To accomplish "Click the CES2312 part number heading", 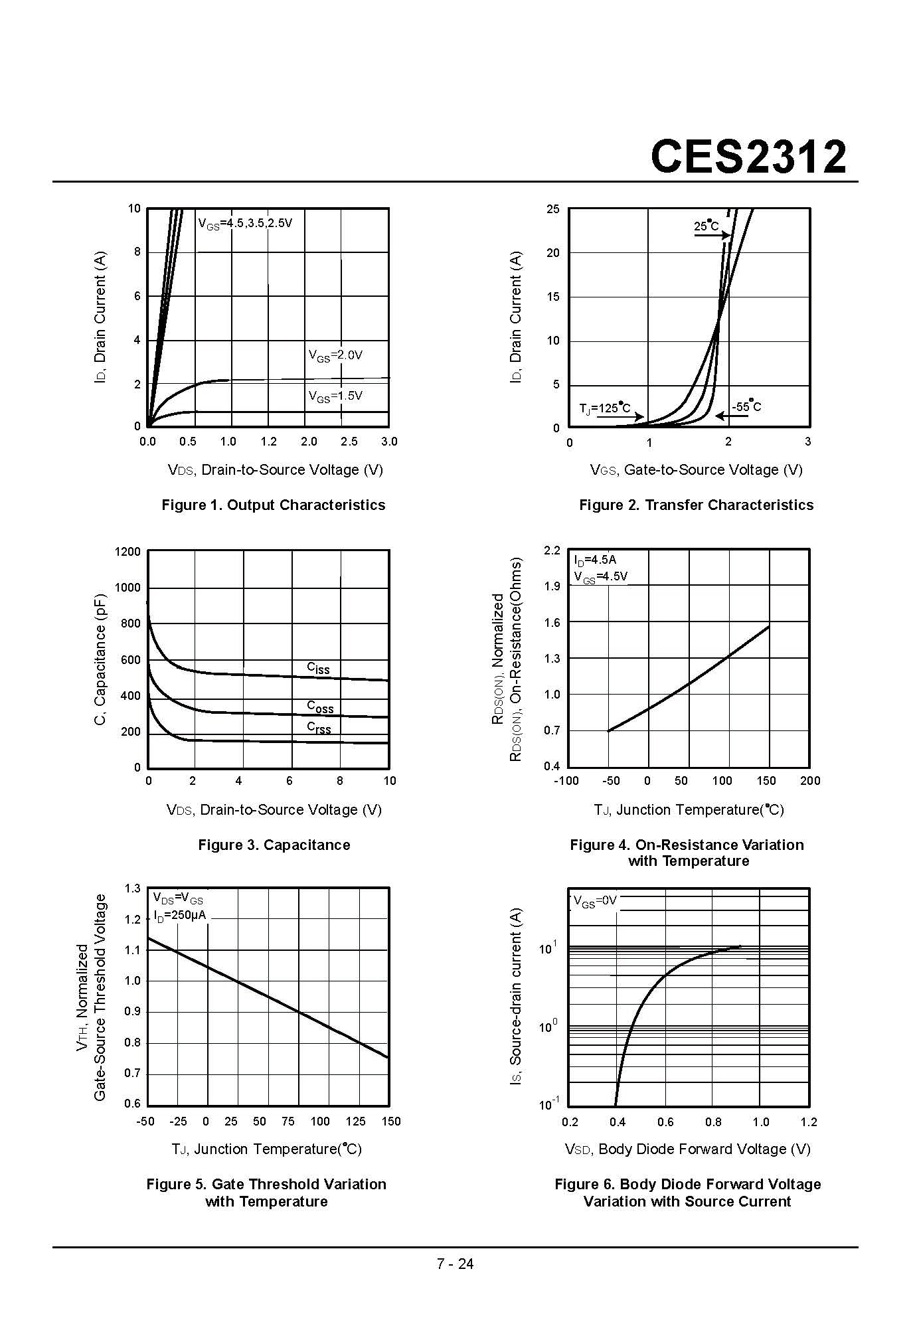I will [748, 157].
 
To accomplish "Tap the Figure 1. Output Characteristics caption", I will [273, 505].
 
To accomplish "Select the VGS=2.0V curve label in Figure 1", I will [335, 355].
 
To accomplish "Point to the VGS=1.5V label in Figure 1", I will [335, 396].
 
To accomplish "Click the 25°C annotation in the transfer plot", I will [707, 226].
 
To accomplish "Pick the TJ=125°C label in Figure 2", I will [604, 408].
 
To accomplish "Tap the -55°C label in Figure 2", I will [746, 406].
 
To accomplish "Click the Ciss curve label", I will [318, 668].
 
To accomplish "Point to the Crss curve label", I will [319, 728].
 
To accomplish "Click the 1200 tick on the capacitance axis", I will [127, 552].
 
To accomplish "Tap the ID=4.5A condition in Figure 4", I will [595, 560].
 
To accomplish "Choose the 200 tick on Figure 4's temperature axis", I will [810, 781].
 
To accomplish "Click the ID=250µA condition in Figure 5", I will [179, 915].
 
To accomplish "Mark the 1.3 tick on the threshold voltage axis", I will [133, 888].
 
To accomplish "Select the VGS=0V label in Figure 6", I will [595, 901].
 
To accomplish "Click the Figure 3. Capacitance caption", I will [274, 845].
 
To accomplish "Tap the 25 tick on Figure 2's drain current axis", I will [553, 209].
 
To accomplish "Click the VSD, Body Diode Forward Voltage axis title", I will [687, 1149].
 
